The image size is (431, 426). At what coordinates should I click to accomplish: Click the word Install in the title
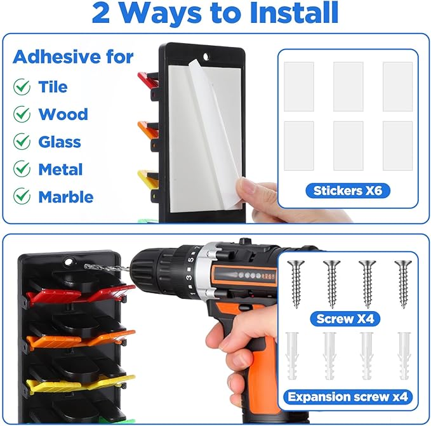click(294, 13)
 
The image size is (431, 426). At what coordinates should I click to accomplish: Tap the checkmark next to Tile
click(22, 86)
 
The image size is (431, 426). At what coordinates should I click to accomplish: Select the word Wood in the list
click(63, 114)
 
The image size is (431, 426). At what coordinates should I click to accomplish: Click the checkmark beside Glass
click(22, 142)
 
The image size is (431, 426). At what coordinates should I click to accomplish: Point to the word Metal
click(60, 170)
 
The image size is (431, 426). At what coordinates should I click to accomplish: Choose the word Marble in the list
click(66, 197)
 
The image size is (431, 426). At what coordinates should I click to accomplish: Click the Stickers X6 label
click(348, 190)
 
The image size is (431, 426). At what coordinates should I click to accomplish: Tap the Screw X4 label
click(345, 319)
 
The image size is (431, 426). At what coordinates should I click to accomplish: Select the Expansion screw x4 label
click(348, 397)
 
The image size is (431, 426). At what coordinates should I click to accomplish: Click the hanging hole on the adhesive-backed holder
click(206, 57)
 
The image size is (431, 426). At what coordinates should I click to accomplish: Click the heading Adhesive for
click(73, 57)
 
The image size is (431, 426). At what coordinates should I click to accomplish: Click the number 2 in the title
click(101, 13)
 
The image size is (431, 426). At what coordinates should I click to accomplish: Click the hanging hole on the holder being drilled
click(68, 262)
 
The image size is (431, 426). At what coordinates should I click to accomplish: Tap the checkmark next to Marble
click(22, 196)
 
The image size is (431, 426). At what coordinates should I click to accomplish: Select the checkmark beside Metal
click(22, 168)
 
